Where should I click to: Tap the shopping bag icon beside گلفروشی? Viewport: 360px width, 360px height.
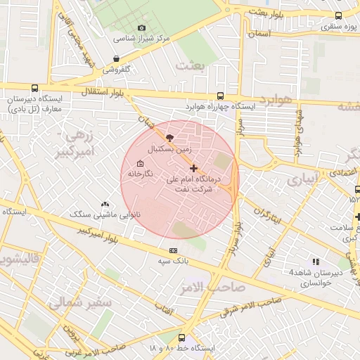click(x=116, y=59)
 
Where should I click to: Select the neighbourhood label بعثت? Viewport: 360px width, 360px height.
click(x=191, y=65)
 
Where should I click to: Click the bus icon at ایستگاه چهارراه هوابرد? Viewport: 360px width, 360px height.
click(x=220, y=96)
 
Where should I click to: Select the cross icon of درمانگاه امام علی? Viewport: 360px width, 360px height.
click(x=194, y=168)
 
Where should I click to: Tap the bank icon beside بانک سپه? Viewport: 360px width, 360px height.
click(x=173, y=251)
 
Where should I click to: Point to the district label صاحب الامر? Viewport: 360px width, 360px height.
click(x=217, y=287)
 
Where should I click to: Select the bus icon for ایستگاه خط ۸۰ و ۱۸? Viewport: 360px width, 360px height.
click(x=182, y=338)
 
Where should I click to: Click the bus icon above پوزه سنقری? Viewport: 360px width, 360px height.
click(x=339, y=15)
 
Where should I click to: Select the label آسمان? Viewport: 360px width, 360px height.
click(x=259, y=33)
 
